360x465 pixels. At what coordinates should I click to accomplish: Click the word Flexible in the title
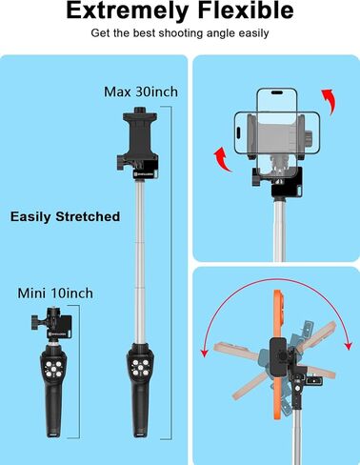click(246, 12)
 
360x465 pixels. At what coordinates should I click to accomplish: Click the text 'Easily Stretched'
click(65, 216)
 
